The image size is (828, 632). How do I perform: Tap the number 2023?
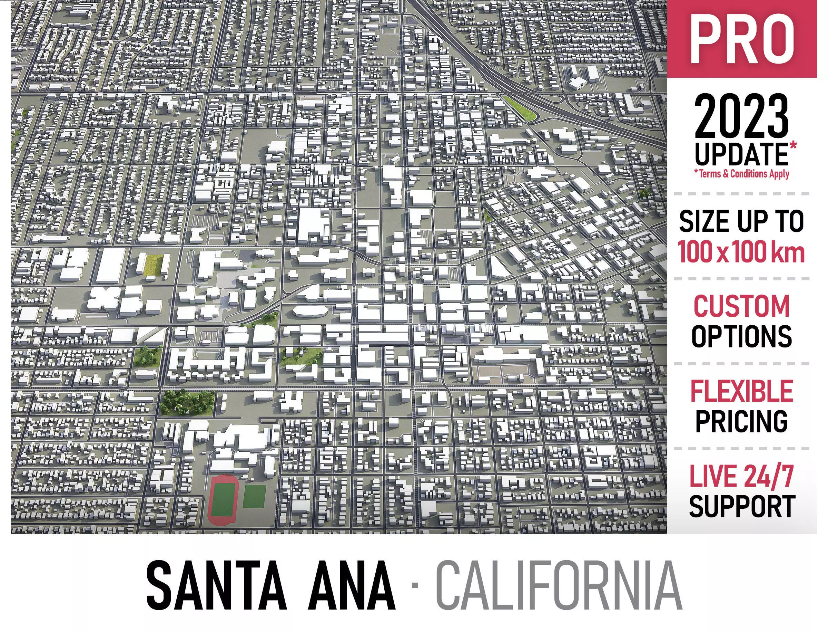(741, 117)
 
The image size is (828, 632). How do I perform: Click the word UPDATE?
(741, 155)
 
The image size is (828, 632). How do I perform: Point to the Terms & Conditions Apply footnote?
(741, 174)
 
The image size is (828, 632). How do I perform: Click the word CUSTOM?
(741, 307)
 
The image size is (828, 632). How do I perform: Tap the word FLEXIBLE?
(741, 392)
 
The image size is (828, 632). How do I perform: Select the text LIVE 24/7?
(741, 476)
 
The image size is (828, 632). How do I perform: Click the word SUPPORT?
(741, 506)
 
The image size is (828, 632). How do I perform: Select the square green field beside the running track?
(255, 496)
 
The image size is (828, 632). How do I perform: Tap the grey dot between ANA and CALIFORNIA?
(415, 585)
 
